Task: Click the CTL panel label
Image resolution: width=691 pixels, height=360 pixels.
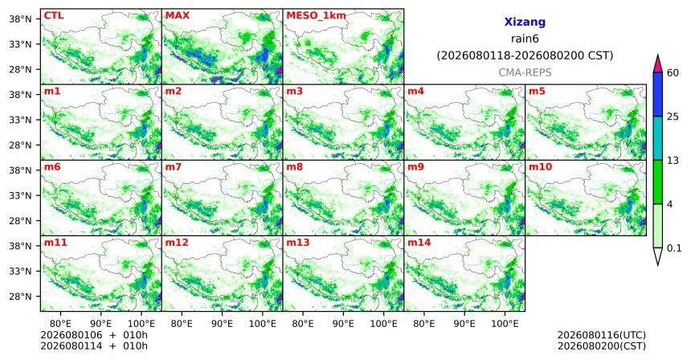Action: [54, 16]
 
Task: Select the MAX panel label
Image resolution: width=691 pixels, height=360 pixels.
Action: [177, 16]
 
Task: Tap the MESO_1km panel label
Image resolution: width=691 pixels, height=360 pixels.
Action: [316, 16]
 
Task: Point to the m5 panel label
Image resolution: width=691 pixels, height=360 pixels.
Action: [537, 92]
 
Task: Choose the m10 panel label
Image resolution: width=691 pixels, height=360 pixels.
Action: [540, 167]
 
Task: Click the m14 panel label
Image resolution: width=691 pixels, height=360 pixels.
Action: [419, 243]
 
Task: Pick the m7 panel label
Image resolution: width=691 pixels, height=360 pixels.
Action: [174, 167]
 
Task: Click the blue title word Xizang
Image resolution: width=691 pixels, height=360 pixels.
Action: [525, 22]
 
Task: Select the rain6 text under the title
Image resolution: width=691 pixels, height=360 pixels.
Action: [525, 39]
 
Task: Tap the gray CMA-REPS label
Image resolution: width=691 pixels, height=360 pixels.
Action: [525, 72]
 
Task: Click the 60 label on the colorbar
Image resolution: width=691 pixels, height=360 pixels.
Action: [673, 72]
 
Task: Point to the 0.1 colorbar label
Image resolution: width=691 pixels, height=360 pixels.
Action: [675, 248]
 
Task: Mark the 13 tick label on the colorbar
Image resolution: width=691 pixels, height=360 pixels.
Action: [673, 161]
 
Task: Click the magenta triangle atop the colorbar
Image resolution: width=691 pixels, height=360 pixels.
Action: [658, 64]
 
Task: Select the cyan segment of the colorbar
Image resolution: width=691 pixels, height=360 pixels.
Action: [658, 138]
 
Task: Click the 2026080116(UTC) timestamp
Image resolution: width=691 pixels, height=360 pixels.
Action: [602, 335]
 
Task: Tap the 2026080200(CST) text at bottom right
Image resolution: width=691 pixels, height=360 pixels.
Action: [602, 346]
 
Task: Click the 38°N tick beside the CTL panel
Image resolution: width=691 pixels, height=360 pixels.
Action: [21, 19]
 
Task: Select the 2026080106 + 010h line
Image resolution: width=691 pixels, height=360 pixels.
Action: [94, 335]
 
